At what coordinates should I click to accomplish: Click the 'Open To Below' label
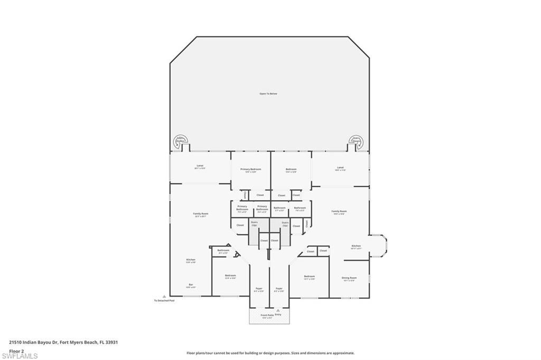[x=268, y=93]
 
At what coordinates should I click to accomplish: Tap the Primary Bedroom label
[x=250, y=169]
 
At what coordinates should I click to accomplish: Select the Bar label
[x=190, y=285]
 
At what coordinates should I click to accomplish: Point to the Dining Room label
[x=350, y=278]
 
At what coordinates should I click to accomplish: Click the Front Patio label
[x=267, y=315]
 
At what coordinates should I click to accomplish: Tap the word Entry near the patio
[x=278, y=315]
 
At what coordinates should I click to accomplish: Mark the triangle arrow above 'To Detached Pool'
[x=164, y=296]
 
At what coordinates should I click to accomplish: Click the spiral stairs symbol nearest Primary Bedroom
[x=180, y=141]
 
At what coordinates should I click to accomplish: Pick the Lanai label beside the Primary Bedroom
[x=200, y=166]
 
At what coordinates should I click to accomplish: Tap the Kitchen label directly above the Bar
[x=191, y=260]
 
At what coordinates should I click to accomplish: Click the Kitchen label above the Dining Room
[x=357, y=246]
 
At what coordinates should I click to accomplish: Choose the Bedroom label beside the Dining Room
[x=309, y=277]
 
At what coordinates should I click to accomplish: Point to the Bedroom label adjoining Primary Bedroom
[x=291, y=169]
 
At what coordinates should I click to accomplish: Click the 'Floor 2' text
[x=17, y=350]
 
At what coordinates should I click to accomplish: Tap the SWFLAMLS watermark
[x=20, y=356]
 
